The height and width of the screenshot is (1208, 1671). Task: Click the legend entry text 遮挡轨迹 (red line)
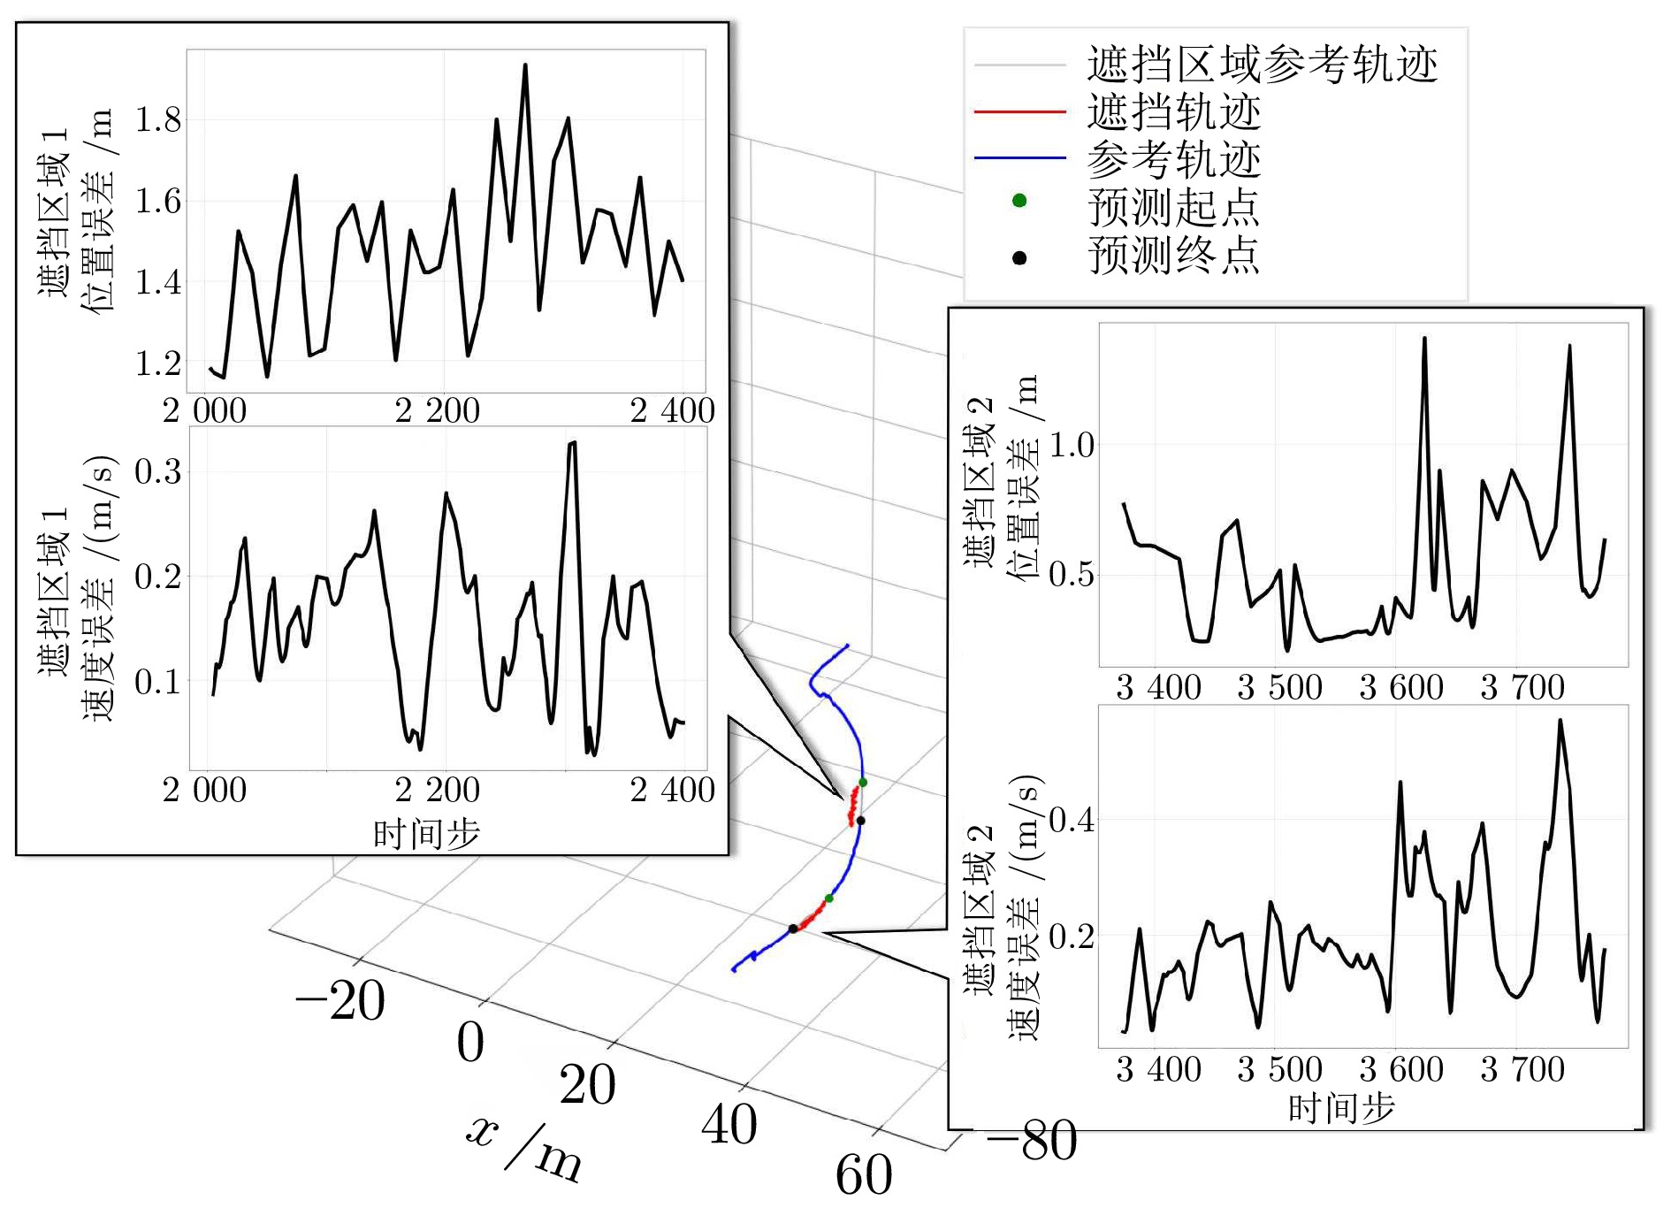pyautogui.click(x=1173, y=112)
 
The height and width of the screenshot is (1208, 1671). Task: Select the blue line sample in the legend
pyautogui.click(x=1019, y=158)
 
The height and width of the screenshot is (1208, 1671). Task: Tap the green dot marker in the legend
pyautogui.click(x=1019, y=201)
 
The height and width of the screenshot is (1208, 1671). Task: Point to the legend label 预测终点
pyautogui.click(x=1173, y=256)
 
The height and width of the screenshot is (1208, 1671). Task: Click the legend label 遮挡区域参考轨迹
pyautogui.click(x=1262, y=65)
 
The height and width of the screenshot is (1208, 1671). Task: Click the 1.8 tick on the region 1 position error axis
pyautogui.click(x=157, y=119)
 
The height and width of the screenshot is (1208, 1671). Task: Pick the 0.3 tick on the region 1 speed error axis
pyautogui.click(x=157, y=471)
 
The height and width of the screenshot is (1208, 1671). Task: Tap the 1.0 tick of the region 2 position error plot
pyautogui.click(x=1072, y=446)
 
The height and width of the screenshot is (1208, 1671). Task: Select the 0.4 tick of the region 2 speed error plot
pyautogui.click(x=1072, y=820)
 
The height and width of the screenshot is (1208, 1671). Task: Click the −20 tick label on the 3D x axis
pyautogui.click(x=340, y=1001)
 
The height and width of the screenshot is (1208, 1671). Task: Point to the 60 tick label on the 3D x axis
pyautogui.click(x=864, y=1174)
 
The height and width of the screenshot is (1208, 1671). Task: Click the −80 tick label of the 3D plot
pyautogui.click(x=1032, y=1141)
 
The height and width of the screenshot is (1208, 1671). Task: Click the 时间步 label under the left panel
pyautogui.click(x=426, y=834)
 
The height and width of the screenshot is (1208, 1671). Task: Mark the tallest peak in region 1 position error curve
pyautogui.click(x=525, y=65)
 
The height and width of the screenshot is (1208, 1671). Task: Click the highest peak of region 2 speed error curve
pyautogui.click(x=1560, y=721)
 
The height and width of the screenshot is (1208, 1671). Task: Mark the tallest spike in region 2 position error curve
pyautogui.click(x=1424, y=338)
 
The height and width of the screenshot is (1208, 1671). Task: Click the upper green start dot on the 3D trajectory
pyautogui.click(x=863, y=783)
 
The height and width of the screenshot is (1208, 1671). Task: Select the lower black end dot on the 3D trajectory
pyautogui.click(x=793, y=929)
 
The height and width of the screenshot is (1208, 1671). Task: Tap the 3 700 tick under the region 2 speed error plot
pyautogui.click(x=1522, y=1070)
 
